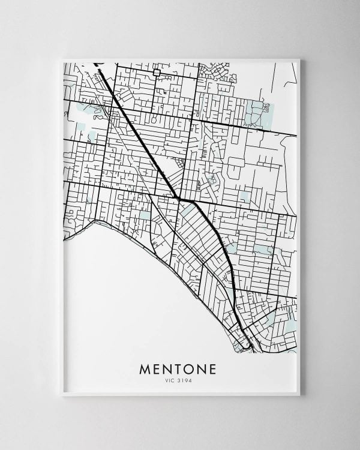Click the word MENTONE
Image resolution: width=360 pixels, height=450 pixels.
178,368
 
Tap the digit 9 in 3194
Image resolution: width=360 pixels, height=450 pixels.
185,380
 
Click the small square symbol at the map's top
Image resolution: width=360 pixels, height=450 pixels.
157,73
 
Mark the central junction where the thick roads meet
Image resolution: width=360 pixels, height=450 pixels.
179,199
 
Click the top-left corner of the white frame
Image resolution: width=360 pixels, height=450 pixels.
62,59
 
